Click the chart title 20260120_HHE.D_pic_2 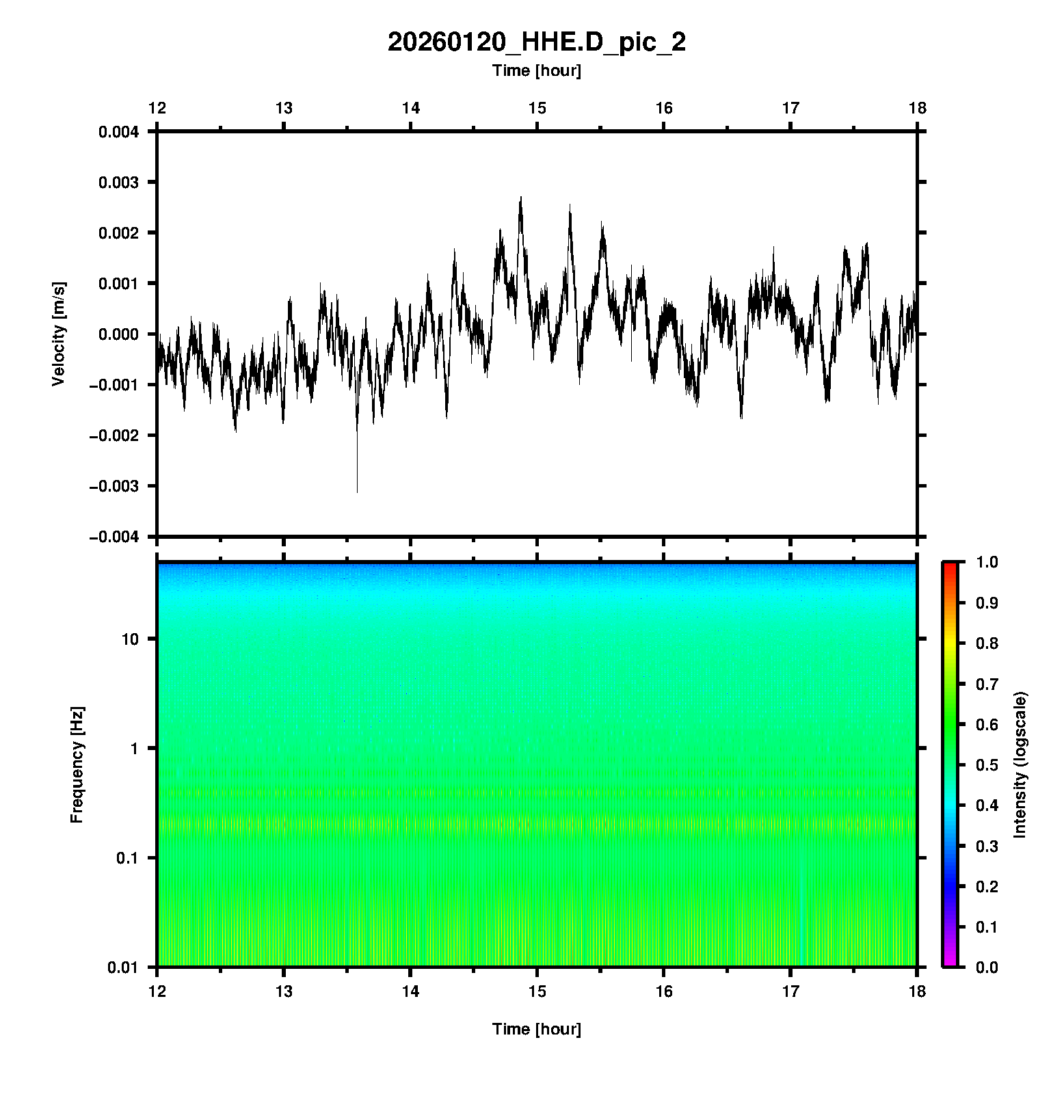pos(536,42)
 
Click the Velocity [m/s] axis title pos(59,334)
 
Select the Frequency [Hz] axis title pos(77,765)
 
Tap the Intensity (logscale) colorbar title pos(1020,764)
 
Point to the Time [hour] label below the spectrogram pos(536,1029)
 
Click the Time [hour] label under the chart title pos(536,70)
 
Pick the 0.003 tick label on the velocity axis pos(118,183)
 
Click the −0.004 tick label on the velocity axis pos(114,537)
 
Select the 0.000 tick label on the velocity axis pos(118,334)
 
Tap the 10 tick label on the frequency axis pos(130,639)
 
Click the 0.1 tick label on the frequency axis pos(127,858)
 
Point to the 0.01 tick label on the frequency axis pos(123,968)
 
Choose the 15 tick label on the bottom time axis pos(537,991)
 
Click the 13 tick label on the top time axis pos(284,108)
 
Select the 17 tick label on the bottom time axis pos(790,991)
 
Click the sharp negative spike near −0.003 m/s pos(357,487)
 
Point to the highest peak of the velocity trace pos(521,198)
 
